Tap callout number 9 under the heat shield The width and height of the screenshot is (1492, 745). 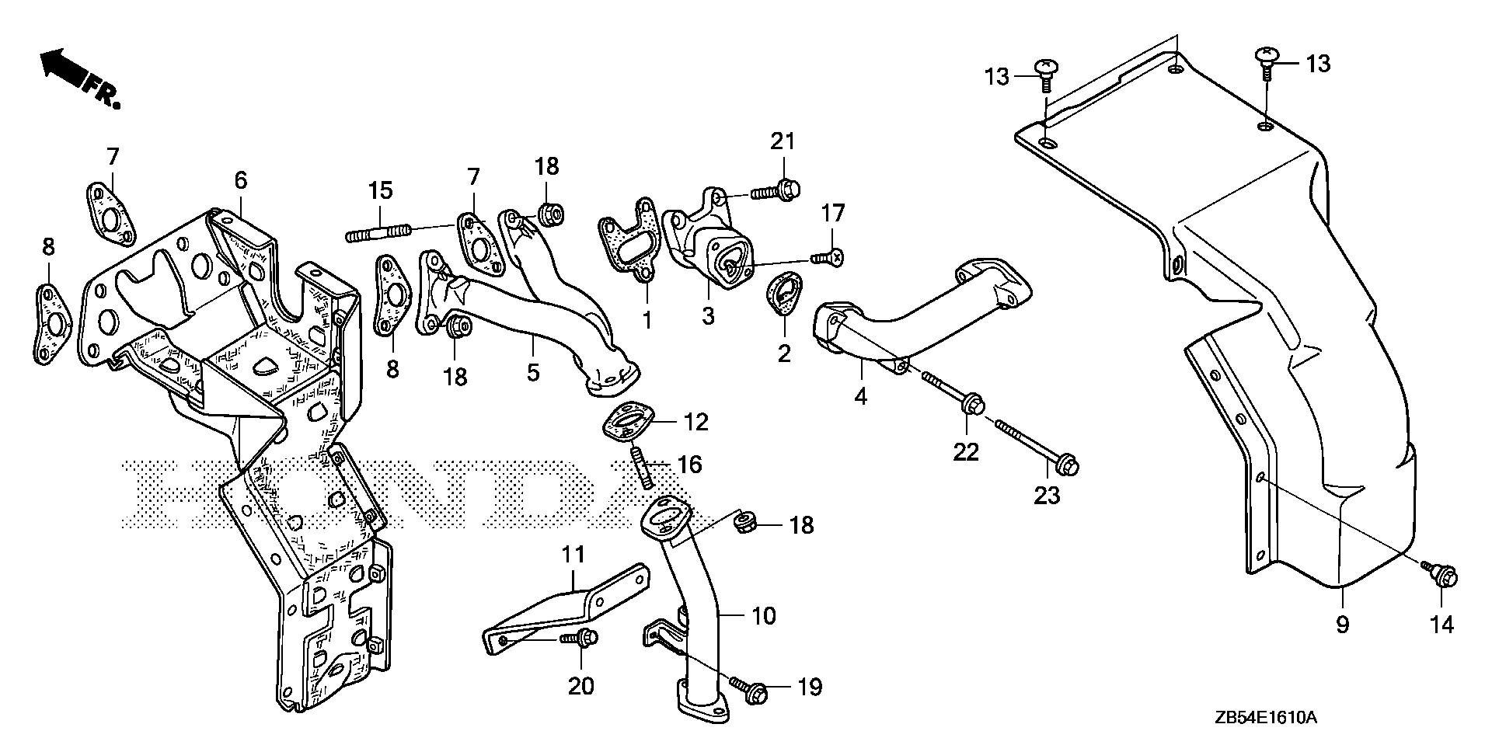pyautogui.click(x=1342, y=624)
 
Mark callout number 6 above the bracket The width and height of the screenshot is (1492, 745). pyautogui.click(x=241, y=181)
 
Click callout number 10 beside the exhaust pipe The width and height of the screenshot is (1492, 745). pyautogui.click(x=764, y=616)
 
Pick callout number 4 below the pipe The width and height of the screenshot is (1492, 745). pyautogui.click(x=860, y=396)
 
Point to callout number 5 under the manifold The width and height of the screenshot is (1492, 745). pyautogui.click(x=532, y=371)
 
